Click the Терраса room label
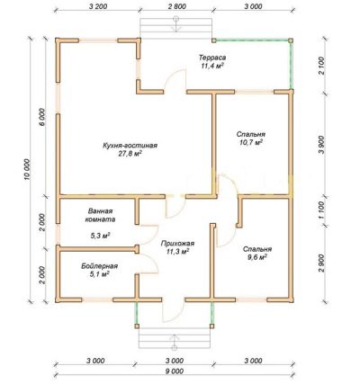coord(212,57)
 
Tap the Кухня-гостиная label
coord(130,146)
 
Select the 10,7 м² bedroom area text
coord(251,143)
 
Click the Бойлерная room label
coord(99,266)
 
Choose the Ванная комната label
coord(100,215)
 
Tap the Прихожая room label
coord(177,244)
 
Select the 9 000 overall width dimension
coord(174,371)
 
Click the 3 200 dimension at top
coord(98,6)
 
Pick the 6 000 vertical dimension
coord(42,118)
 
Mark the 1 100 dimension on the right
coord(321,210)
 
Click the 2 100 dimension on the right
coord(321,66)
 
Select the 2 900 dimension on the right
coord(321,263)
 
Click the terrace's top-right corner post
coord(291,40)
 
